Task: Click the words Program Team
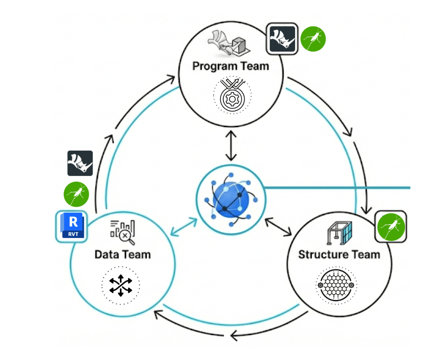tap(231, 66)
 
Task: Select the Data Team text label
tap(122, 254)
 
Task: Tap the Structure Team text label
tap(339, 254)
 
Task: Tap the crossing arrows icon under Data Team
tap(121, 285)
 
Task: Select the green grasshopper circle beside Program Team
tap(313, 39)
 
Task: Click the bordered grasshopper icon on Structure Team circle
tap(391, 226)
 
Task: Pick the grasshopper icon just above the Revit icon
tap(76, 194)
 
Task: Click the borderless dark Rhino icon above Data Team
tap(80, 163)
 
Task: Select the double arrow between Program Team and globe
tap(231, 145)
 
